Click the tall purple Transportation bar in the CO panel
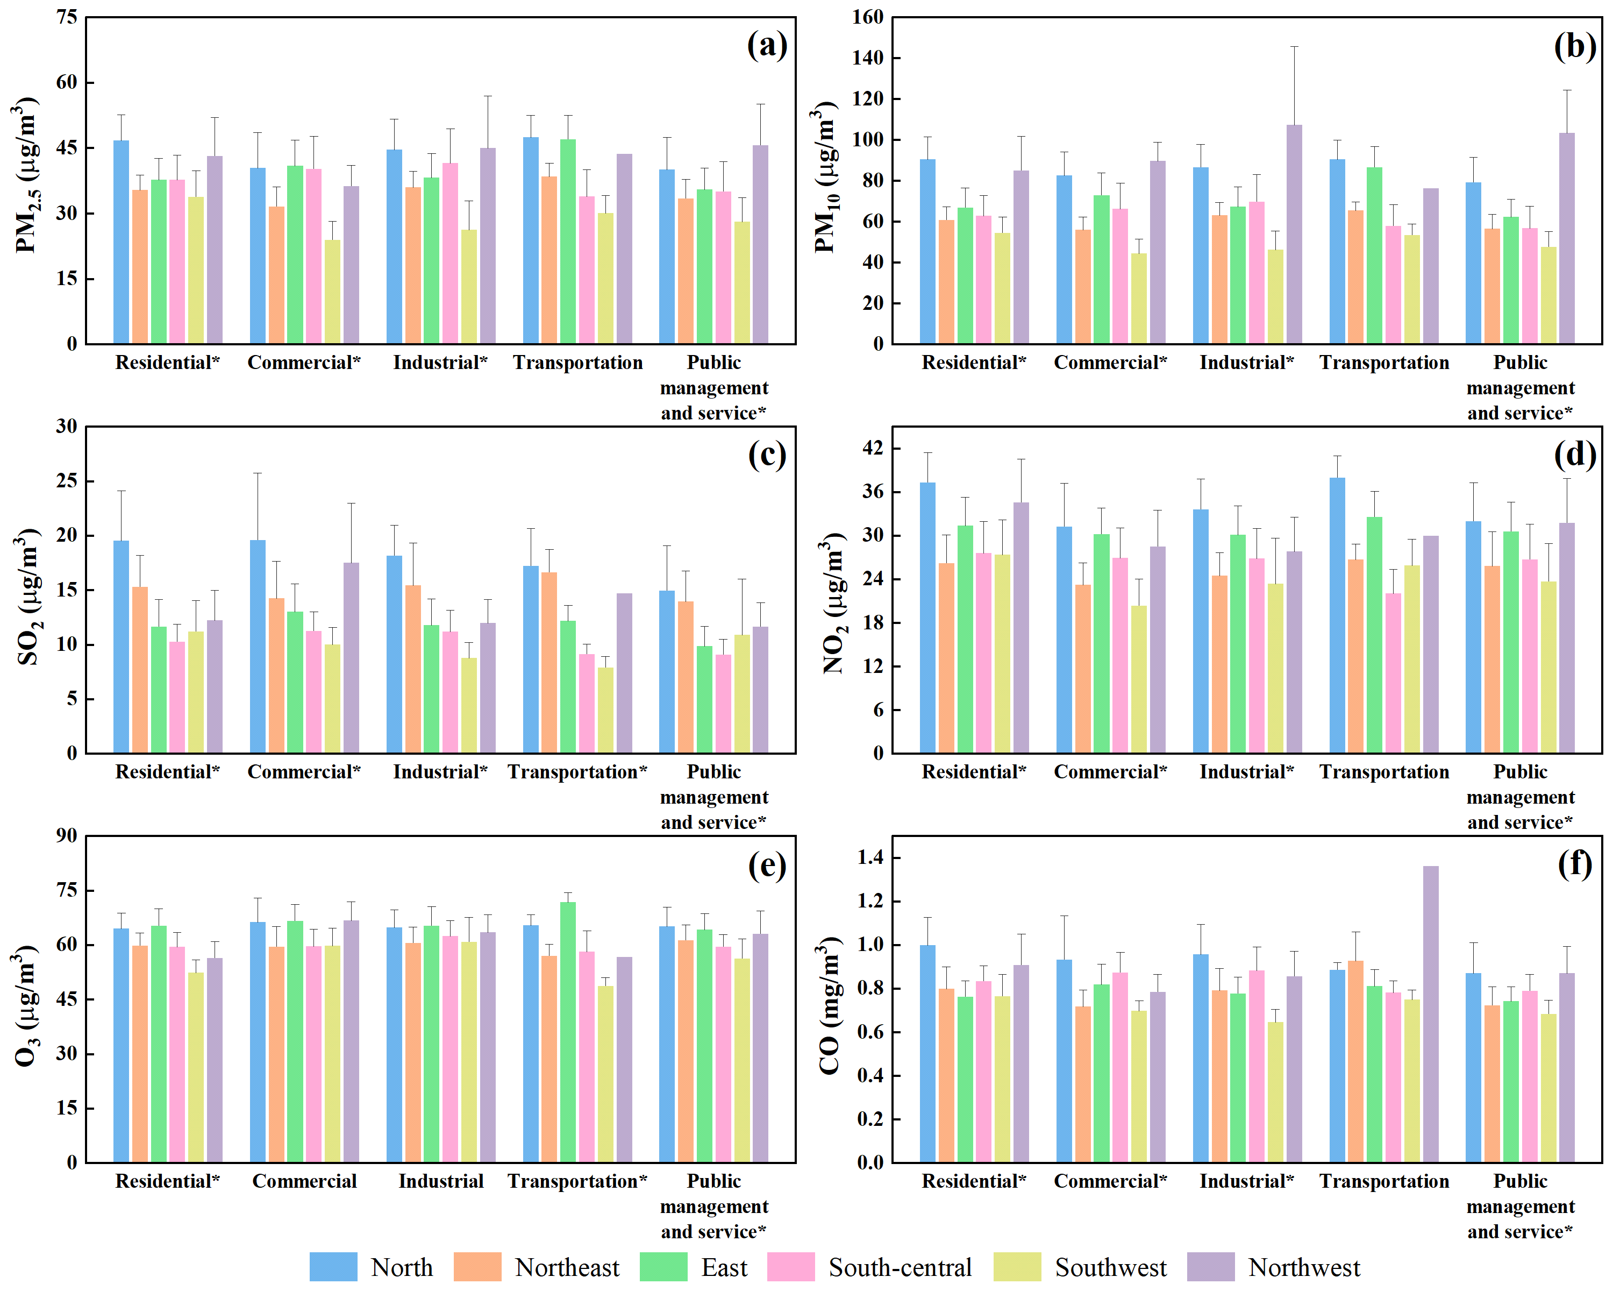(x=1430, y=1014)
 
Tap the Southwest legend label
(x=1110, y=1268)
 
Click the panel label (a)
(x=767, y=46)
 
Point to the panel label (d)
(x=1574, y=455)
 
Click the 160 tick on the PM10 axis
(x=867, y=17)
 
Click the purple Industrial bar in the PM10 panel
(x=1294, y=234)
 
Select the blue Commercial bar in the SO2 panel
(x=258, y=647)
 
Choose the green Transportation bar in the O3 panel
(x=568, y=1032)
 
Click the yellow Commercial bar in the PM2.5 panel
(x=332, y=292)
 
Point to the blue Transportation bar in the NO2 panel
(x=1337, y=615)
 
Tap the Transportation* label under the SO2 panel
(x=577, y=772)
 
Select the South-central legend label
(x=900, y=1268)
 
